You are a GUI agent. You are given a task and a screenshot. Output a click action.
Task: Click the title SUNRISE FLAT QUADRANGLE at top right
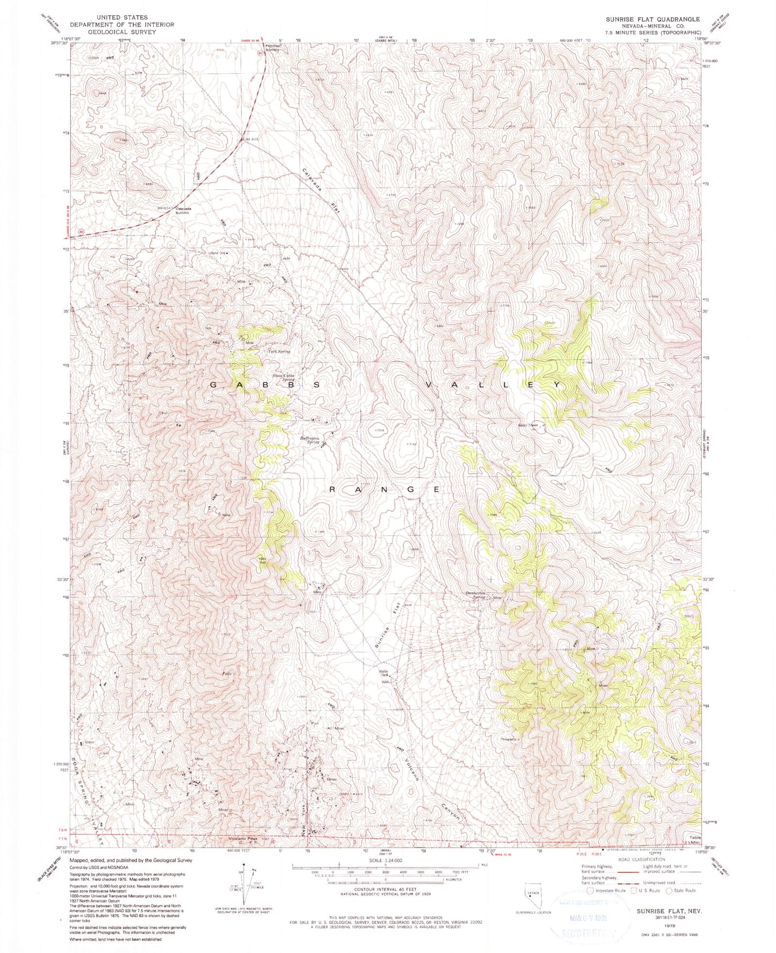[x=652, y=19]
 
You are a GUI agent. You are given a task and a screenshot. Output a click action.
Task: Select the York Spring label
[x=279, y=351]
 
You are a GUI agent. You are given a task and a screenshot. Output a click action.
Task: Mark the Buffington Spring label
[x=310, y=440]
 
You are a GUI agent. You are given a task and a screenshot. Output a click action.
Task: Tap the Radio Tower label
[x=528, y=425]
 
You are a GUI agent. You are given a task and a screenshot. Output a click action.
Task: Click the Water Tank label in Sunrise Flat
[x=383, y=672]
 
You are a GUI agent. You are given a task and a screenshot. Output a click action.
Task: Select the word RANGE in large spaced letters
[x=385, y=489]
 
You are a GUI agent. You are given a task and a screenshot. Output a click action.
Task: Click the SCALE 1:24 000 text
[x=385, y=861]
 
